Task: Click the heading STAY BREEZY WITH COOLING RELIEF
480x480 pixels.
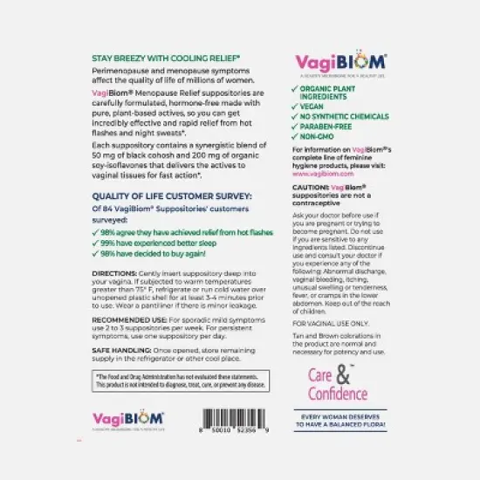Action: (166, 56)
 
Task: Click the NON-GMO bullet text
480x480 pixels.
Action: (316, 136)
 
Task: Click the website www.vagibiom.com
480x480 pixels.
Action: (312, 174)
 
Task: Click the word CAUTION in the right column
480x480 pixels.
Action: (308, 188)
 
